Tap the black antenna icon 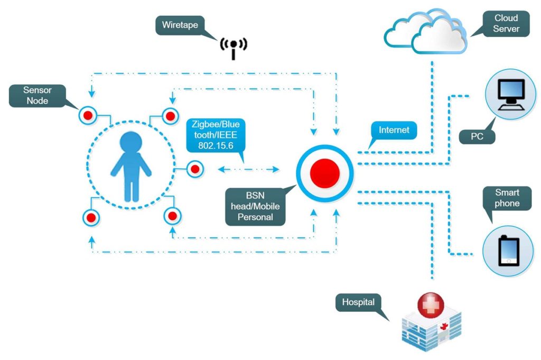(x=233, y=47)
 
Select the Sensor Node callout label (x=38, y=95)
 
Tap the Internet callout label (x=394, y=130)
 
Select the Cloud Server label (x=506, y=24)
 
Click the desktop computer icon (x=511, y=95)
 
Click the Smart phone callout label (x=507, y=198)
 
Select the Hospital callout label (x=358, y=303)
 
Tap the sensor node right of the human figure (x=194, y=169)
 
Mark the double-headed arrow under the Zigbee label (x=249, y=169)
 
